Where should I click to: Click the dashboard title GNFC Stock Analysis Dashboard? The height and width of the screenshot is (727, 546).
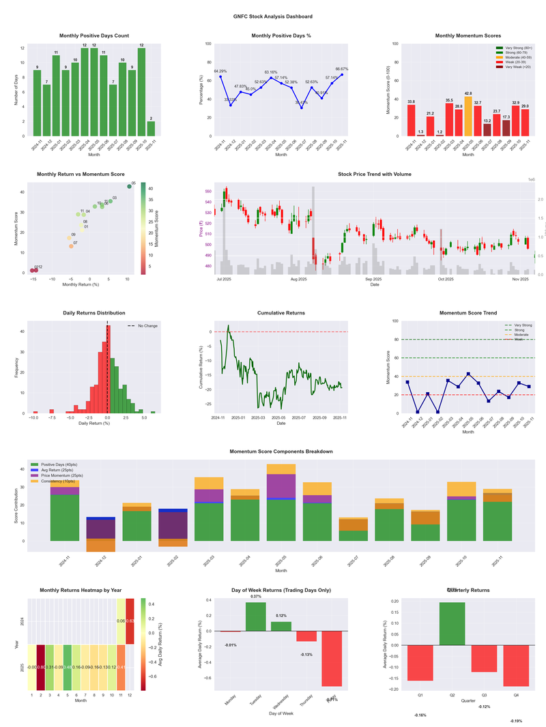point(272,16)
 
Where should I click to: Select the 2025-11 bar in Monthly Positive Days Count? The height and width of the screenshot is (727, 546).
point(151,128)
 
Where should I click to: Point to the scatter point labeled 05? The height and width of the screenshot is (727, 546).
point(129,186)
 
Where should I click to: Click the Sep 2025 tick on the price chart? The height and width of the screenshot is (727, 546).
point(373,279)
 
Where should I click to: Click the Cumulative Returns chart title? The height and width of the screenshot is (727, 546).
point(281,313)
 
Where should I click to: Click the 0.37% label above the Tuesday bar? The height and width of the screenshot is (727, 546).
point(256,597)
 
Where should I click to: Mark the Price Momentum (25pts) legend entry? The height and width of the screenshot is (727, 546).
point(62,475)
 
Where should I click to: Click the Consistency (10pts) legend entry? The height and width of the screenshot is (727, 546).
point(60,481)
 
